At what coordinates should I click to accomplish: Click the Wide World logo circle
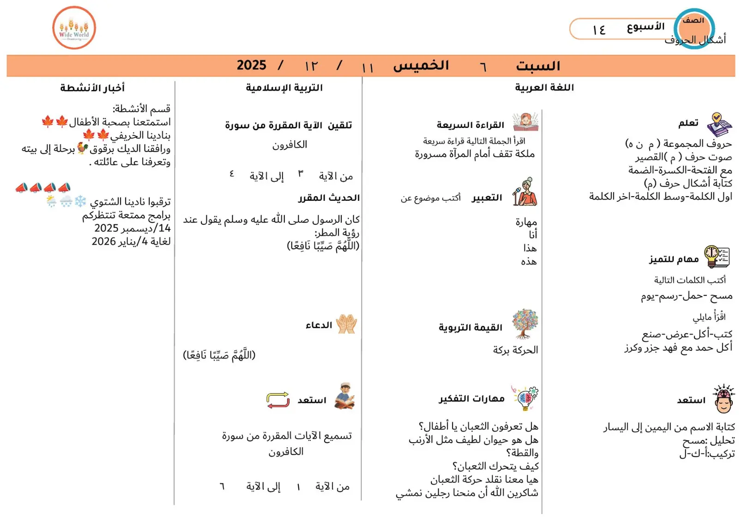(x=74, y=28)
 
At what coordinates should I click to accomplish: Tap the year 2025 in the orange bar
(x=252, y=65)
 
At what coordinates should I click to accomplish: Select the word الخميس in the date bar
(x=421, y=66)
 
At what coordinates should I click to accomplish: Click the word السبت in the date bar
(x=537, y=66)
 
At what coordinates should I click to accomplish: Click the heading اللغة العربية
(x=544, y=88)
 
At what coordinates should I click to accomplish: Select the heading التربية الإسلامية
(x=284, y=88)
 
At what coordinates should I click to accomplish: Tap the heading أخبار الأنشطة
(x=92, y=88)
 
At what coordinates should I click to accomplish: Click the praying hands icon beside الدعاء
(x=346, y=324)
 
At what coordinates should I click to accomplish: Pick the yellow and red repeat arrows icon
(x=278, y=400)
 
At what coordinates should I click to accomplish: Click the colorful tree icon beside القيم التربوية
(x=525, y=324)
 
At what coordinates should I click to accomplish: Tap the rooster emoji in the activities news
(x=83, y=148)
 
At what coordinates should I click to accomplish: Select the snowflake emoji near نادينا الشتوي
(x=80, y=201)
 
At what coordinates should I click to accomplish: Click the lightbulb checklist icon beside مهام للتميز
(x=716, y=257)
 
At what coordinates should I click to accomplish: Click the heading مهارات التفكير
(x=471, y=399)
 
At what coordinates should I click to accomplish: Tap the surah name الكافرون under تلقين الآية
(x=290, y=145)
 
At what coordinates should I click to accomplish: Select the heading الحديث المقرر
(x=329, y=198)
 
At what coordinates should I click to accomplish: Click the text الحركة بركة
(x=515, y=350)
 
